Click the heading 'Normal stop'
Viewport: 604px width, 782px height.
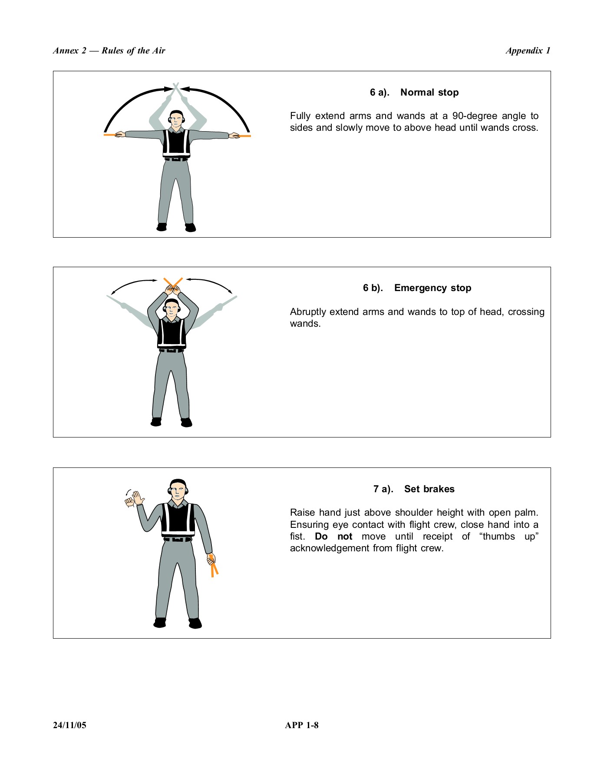[429, 93]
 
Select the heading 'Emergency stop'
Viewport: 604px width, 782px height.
[432, 288]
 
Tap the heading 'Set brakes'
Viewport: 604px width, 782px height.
[429, 489]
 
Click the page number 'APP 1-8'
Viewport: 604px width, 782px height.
[302, 725]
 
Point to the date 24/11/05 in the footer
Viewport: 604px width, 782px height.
[69, 725]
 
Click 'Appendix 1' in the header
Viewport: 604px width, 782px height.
[528, 51]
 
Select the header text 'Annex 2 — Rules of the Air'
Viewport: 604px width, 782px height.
[109, 51]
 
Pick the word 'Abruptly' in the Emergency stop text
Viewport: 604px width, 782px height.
[308, 312]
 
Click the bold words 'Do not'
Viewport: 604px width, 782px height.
[333, 537]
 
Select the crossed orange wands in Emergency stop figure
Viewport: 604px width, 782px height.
[173, 282]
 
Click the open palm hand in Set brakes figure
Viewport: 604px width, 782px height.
[138, 498]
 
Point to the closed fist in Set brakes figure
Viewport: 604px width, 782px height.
[129, 502]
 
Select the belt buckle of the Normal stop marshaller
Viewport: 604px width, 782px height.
[176, 159]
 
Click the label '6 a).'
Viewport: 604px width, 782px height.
[380, 93]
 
